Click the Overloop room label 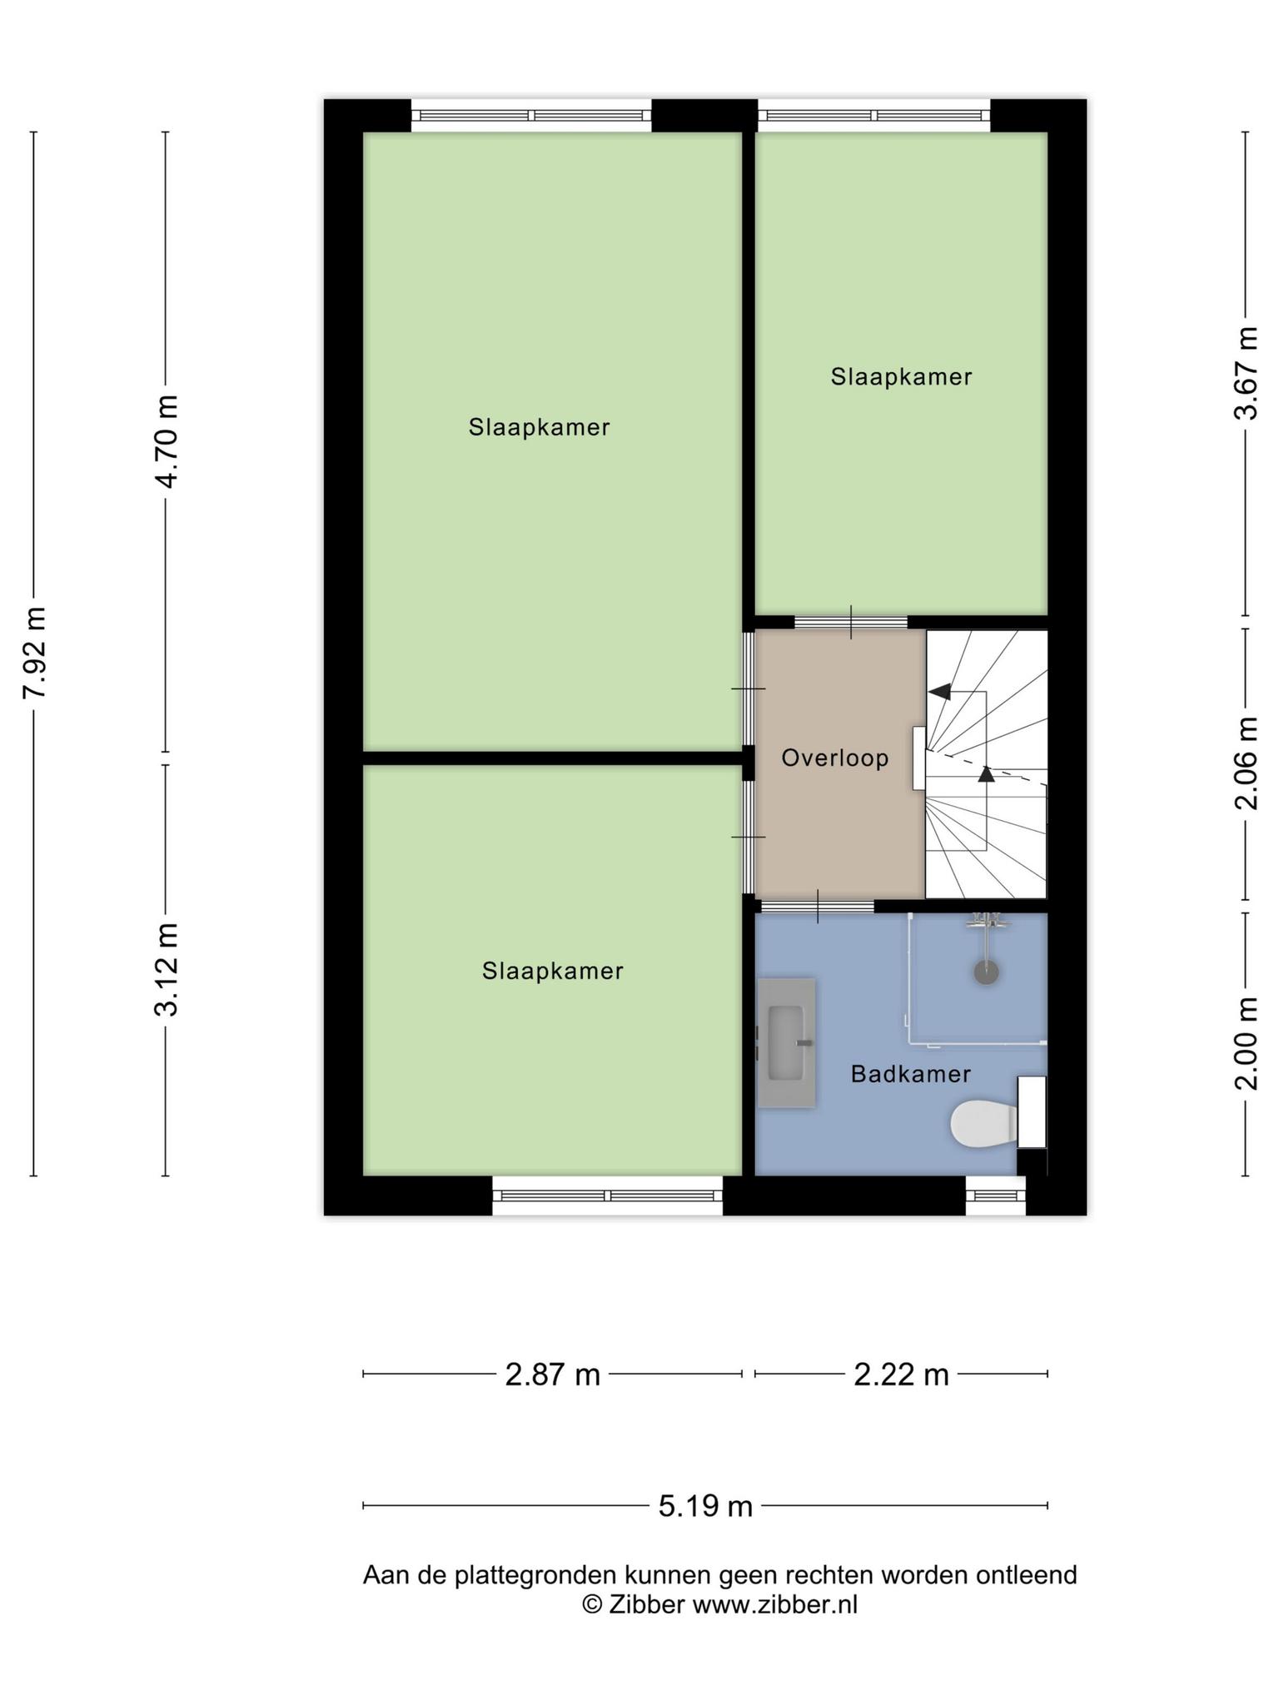[x=834, y=758]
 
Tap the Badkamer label [x=910, y=1074]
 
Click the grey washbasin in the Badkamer [x=786, y=1042]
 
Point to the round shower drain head [x=986, y=972]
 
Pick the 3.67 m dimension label [x=1246, y=372]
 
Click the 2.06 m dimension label [x=1246, y=763]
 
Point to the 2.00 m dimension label [x=1246, y=1042]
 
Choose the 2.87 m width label [x=553, y=1374]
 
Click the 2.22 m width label [x=901, y=1374]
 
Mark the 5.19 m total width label [x=705, y=1506]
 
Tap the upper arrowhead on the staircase [x=939, y=691]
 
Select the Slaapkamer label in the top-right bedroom [x=901, y=377]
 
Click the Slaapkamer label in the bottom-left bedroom [x=553, y=971]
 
